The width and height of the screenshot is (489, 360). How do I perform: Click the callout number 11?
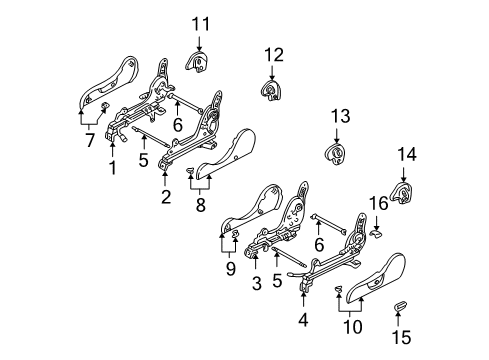click(x=201, y=24)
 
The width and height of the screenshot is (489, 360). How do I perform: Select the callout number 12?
click(x=274, y=55)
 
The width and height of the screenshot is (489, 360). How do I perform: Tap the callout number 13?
click(x=340, y=116)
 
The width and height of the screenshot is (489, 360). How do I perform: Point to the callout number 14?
click(x=407, y=155)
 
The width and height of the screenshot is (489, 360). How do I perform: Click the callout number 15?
click(x=401, y=337)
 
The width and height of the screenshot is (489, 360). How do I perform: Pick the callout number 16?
click(x=379, y=203)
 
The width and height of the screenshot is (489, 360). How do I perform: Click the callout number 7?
click(x=90, y=139)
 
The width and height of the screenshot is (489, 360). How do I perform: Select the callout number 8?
click(x=200, y=204)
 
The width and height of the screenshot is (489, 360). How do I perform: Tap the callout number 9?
click(x=230, y=269)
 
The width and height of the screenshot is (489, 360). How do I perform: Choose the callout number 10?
click(x=352, y=327)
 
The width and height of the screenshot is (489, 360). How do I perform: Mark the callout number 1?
click(x=113, y=167)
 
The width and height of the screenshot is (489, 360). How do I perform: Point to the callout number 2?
click(x=166, y=197)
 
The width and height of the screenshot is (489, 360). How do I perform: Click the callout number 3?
click(x=257, y=284)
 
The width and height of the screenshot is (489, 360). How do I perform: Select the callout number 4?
click(x=303, y=320)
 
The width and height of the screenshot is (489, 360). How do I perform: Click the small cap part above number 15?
click(x=399, y=305)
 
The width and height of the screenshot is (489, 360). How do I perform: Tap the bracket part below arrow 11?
click(x=197, y=61)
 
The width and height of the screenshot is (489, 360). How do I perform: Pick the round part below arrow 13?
click(x=335, y=154)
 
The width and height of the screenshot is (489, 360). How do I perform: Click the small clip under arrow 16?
click(x=377, y=233)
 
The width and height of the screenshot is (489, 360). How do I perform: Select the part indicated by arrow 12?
click(x=271, y=90)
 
